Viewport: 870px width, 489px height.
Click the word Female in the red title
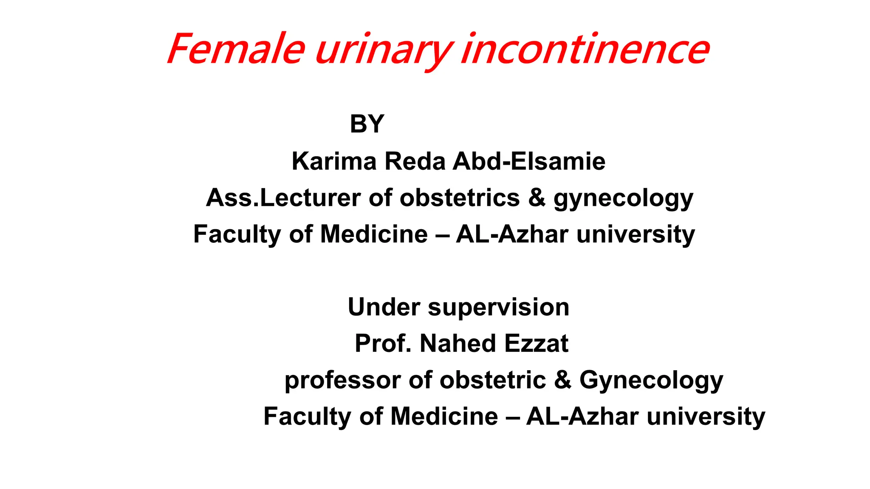coord(236,49)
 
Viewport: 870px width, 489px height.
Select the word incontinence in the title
coord(585,49)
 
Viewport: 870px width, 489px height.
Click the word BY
coord(367,124)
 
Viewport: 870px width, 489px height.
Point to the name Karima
coord(334,161)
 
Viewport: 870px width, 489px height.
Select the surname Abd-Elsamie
coord(529,161)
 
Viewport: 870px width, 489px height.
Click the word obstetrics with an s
coord(460,198)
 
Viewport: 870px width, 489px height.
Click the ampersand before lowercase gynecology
coord(537,198)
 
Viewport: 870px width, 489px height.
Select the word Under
coord(384,307)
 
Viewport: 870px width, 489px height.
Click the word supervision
coord(498,308)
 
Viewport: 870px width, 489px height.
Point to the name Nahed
coord(457,343)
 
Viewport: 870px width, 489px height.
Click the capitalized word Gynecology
coord(651,381)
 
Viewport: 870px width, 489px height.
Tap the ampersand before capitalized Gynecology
coord(563,380)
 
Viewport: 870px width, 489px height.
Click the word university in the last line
coord(706,416)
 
